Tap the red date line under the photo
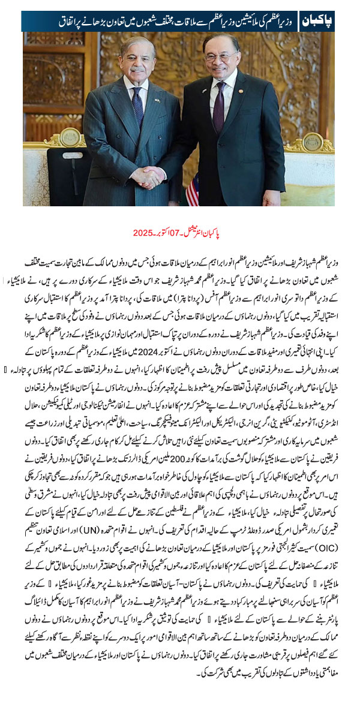(180, 232)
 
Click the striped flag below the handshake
(193, 191)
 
